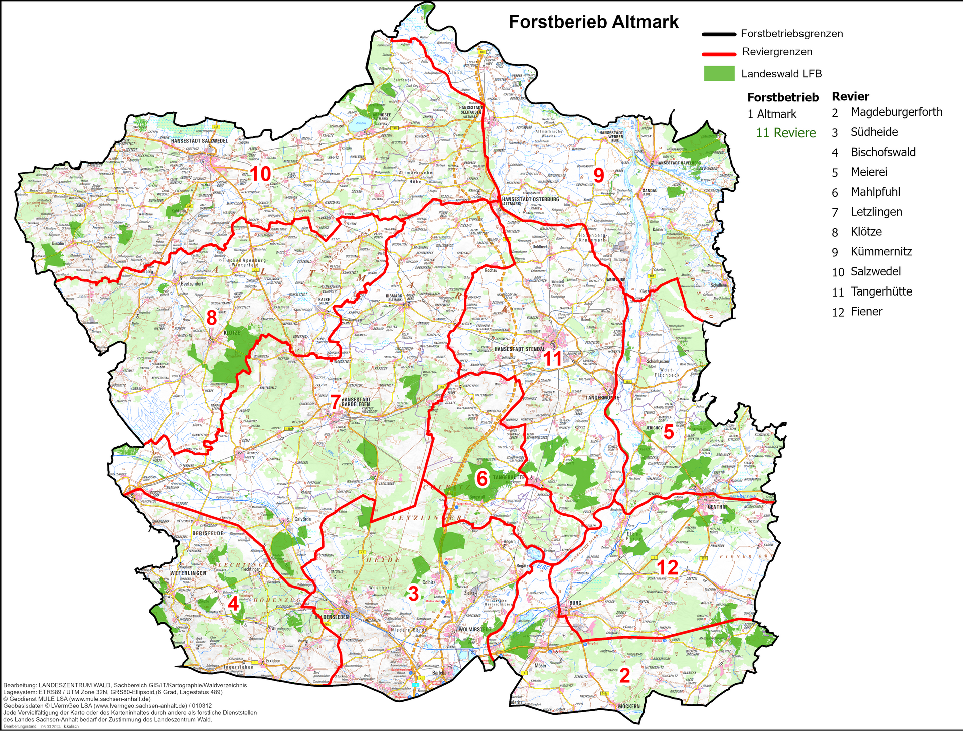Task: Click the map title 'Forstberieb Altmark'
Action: coord(593,22)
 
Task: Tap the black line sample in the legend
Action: coord(719,34)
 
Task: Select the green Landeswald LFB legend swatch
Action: coord(719,73)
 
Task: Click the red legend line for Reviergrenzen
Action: coord(719,53)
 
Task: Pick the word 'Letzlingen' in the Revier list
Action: coord(876,212)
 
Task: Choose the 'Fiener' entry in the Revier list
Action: coord(866,311)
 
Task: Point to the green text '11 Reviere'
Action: coord(785,133)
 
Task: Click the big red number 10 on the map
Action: coord(260,174)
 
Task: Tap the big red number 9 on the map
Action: coord(599,175)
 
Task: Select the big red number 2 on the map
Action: coord(624,675)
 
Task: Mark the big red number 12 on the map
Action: coord(668,567)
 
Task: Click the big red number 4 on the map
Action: coord(233,603)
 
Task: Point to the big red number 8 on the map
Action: coord(212,318)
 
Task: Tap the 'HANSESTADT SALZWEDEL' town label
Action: coord(199,141)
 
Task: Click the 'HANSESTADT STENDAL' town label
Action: coord(519,349)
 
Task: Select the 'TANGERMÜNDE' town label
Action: coord(602,397)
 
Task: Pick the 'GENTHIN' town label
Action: coord(717,507)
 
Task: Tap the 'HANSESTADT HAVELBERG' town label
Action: coord(678,163)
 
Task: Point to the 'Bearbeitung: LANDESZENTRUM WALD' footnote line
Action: coord(124,685)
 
